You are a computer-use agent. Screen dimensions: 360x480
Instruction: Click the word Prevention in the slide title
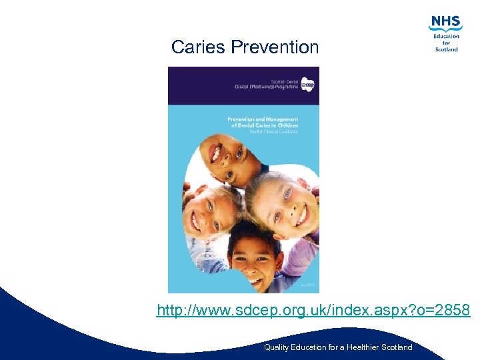pos(275,47)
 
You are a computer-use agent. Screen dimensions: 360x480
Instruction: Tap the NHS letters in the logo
pos(445,23)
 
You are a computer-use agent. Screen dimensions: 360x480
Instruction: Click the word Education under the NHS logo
pos(447,36)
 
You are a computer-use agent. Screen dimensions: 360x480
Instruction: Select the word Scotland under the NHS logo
pos(447,49)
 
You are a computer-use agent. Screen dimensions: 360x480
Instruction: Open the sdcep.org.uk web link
pos(313,311)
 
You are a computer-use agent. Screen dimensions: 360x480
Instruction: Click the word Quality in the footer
pos(276,347)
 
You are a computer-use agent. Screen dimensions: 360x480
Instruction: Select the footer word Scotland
pos(397,347)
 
